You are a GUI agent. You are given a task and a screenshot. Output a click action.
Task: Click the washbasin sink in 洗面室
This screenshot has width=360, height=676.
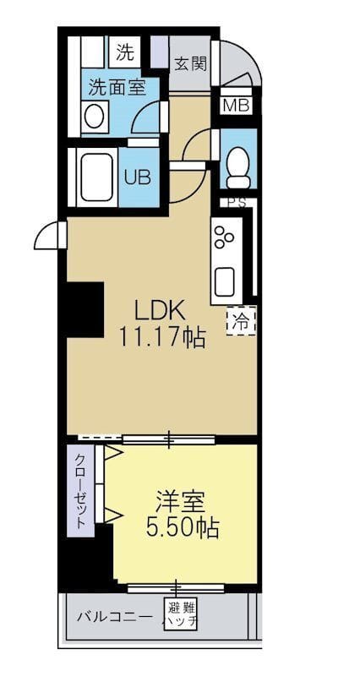[x=95, y=116]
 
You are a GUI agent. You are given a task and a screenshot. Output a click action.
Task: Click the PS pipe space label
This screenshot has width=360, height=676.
[x=237, y=202]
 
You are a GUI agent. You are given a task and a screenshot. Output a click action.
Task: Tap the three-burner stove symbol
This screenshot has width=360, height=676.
[x=225, y=239]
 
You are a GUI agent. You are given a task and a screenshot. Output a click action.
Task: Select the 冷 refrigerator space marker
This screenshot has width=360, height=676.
[x=241, y=320]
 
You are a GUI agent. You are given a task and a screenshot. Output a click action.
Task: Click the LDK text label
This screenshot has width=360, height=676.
[x=156, y=309]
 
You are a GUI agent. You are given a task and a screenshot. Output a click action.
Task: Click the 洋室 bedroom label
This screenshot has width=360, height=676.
[x=181, y=500]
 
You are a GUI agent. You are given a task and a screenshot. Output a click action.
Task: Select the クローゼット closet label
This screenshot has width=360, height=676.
[x=80, y=492]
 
